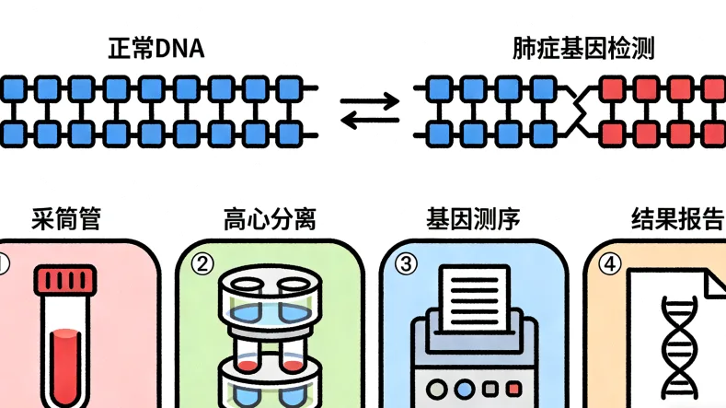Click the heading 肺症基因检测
coord(582,48)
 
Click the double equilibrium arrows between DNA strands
coord(370,111)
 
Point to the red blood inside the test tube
coord(65,364)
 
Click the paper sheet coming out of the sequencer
coord(474,297)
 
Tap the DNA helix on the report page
coord(679,345)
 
